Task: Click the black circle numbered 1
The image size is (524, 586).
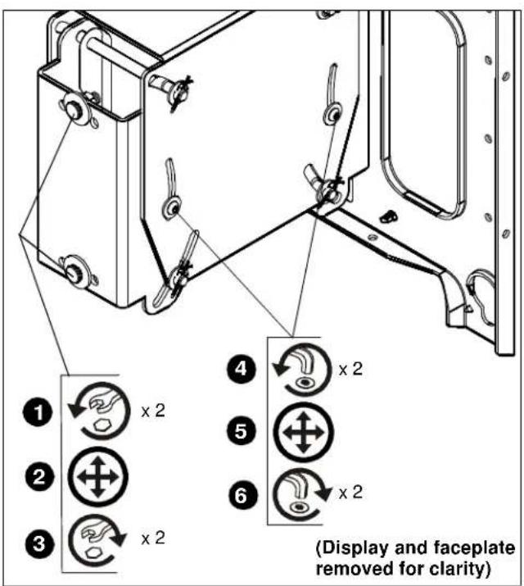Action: [x=38, y=412]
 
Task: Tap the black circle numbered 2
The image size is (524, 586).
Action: [x=39, y=477]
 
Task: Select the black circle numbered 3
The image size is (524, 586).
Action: [x=39, y=543]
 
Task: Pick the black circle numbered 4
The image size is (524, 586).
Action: [x=242, y=370]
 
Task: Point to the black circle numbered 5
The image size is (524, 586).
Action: [x=241, y=432]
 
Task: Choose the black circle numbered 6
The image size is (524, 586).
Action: [x=242, y=496]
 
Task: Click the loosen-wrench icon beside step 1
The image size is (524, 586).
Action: [x=99, y=411]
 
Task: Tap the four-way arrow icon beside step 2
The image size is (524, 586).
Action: [x=97, y=477]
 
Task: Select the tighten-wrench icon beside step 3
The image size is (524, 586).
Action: [x=97, y=543]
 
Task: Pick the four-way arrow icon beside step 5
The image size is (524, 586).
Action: [x=304, y=433]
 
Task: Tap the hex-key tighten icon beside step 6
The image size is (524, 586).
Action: [x=302, y=494]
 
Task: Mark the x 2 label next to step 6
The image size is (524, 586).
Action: [x=350, y=493]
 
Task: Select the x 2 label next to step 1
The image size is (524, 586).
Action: [x=153, y=411]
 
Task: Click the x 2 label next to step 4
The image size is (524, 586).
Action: [x=350, y=370]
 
